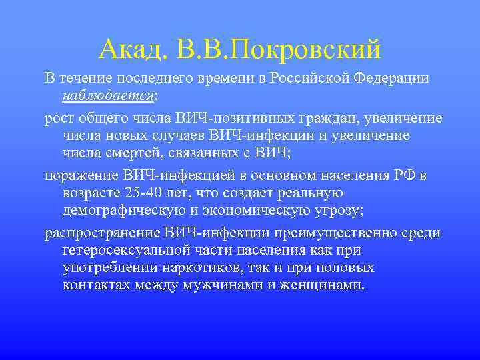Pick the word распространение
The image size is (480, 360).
pyautogui.click(x=101, y=233)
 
